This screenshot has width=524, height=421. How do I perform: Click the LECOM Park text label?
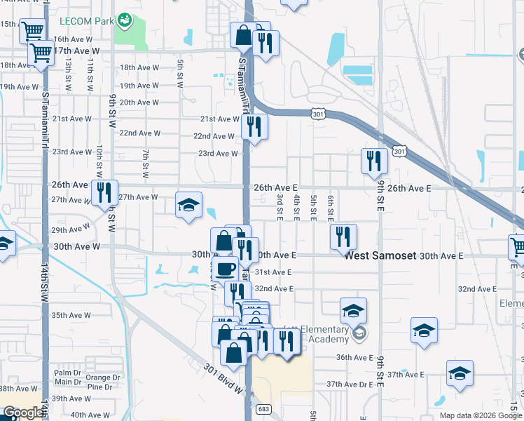[x=87, y=21]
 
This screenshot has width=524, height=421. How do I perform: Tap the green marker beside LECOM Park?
[x=124, y=20]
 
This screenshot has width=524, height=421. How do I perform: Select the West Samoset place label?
[x=380, y=256]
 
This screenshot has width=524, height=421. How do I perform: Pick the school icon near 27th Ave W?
[x=188, y=205]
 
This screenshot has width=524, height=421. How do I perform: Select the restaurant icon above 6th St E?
[x=343, y=236]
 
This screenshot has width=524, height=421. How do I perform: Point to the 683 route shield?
[x=263, y=409]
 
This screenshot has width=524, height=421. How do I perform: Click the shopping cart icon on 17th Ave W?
[x=41, y=51]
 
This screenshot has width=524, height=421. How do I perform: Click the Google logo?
[x=23, y=413]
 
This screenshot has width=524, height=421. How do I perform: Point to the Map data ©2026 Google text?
[x=481, y=415]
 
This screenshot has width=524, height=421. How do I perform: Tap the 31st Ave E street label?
[x=273, y=272]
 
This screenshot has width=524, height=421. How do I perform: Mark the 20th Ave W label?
[x=140, y=102]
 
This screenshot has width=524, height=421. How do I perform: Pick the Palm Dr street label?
[x=68, y=373]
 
